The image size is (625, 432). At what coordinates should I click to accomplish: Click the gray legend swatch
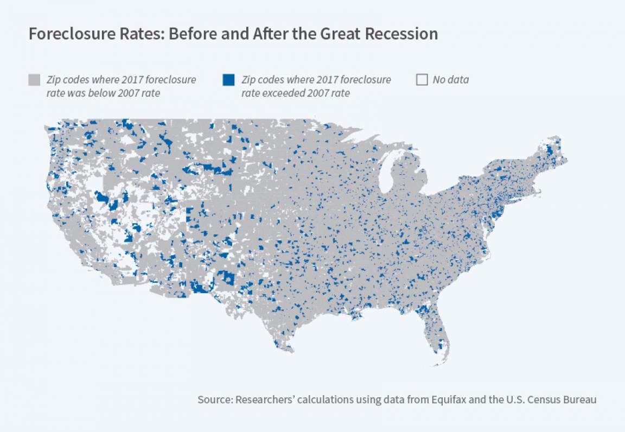click(34, 80)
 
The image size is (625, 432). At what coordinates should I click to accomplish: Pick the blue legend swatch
click(228, 80)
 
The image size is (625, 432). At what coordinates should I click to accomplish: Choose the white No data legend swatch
click(422, 80)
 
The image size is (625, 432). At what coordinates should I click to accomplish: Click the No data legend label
click(450, 80)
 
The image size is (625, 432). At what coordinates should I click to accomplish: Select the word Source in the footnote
click(214, 400)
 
